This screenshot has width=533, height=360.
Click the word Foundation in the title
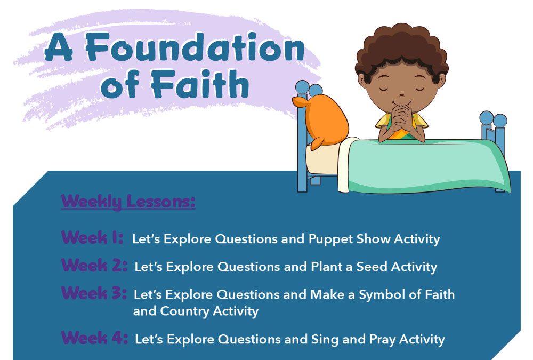(x=195, y=47)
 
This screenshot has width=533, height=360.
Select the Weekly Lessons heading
(x=128, y=202)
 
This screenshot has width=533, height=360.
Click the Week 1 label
(x=92, y=237)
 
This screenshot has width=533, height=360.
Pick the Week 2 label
(x=94, y=265)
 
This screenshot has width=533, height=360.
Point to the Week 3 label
(x=94, y=293)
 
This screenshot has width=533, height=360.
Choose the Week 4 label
(x=94, y=338)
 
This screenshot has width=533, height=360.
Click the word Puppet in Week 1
(x=331, y=239)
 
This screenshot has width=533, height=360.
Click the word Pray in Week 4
(x=382, y=340)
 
